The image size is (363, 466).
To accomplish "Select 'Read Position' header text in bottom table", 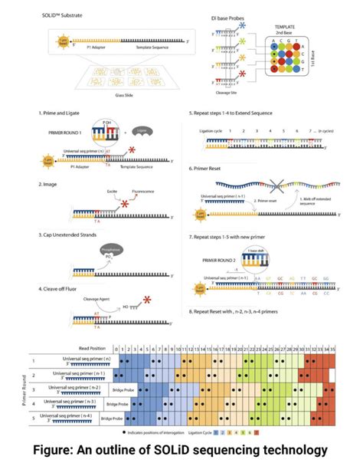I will (86, 349).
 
